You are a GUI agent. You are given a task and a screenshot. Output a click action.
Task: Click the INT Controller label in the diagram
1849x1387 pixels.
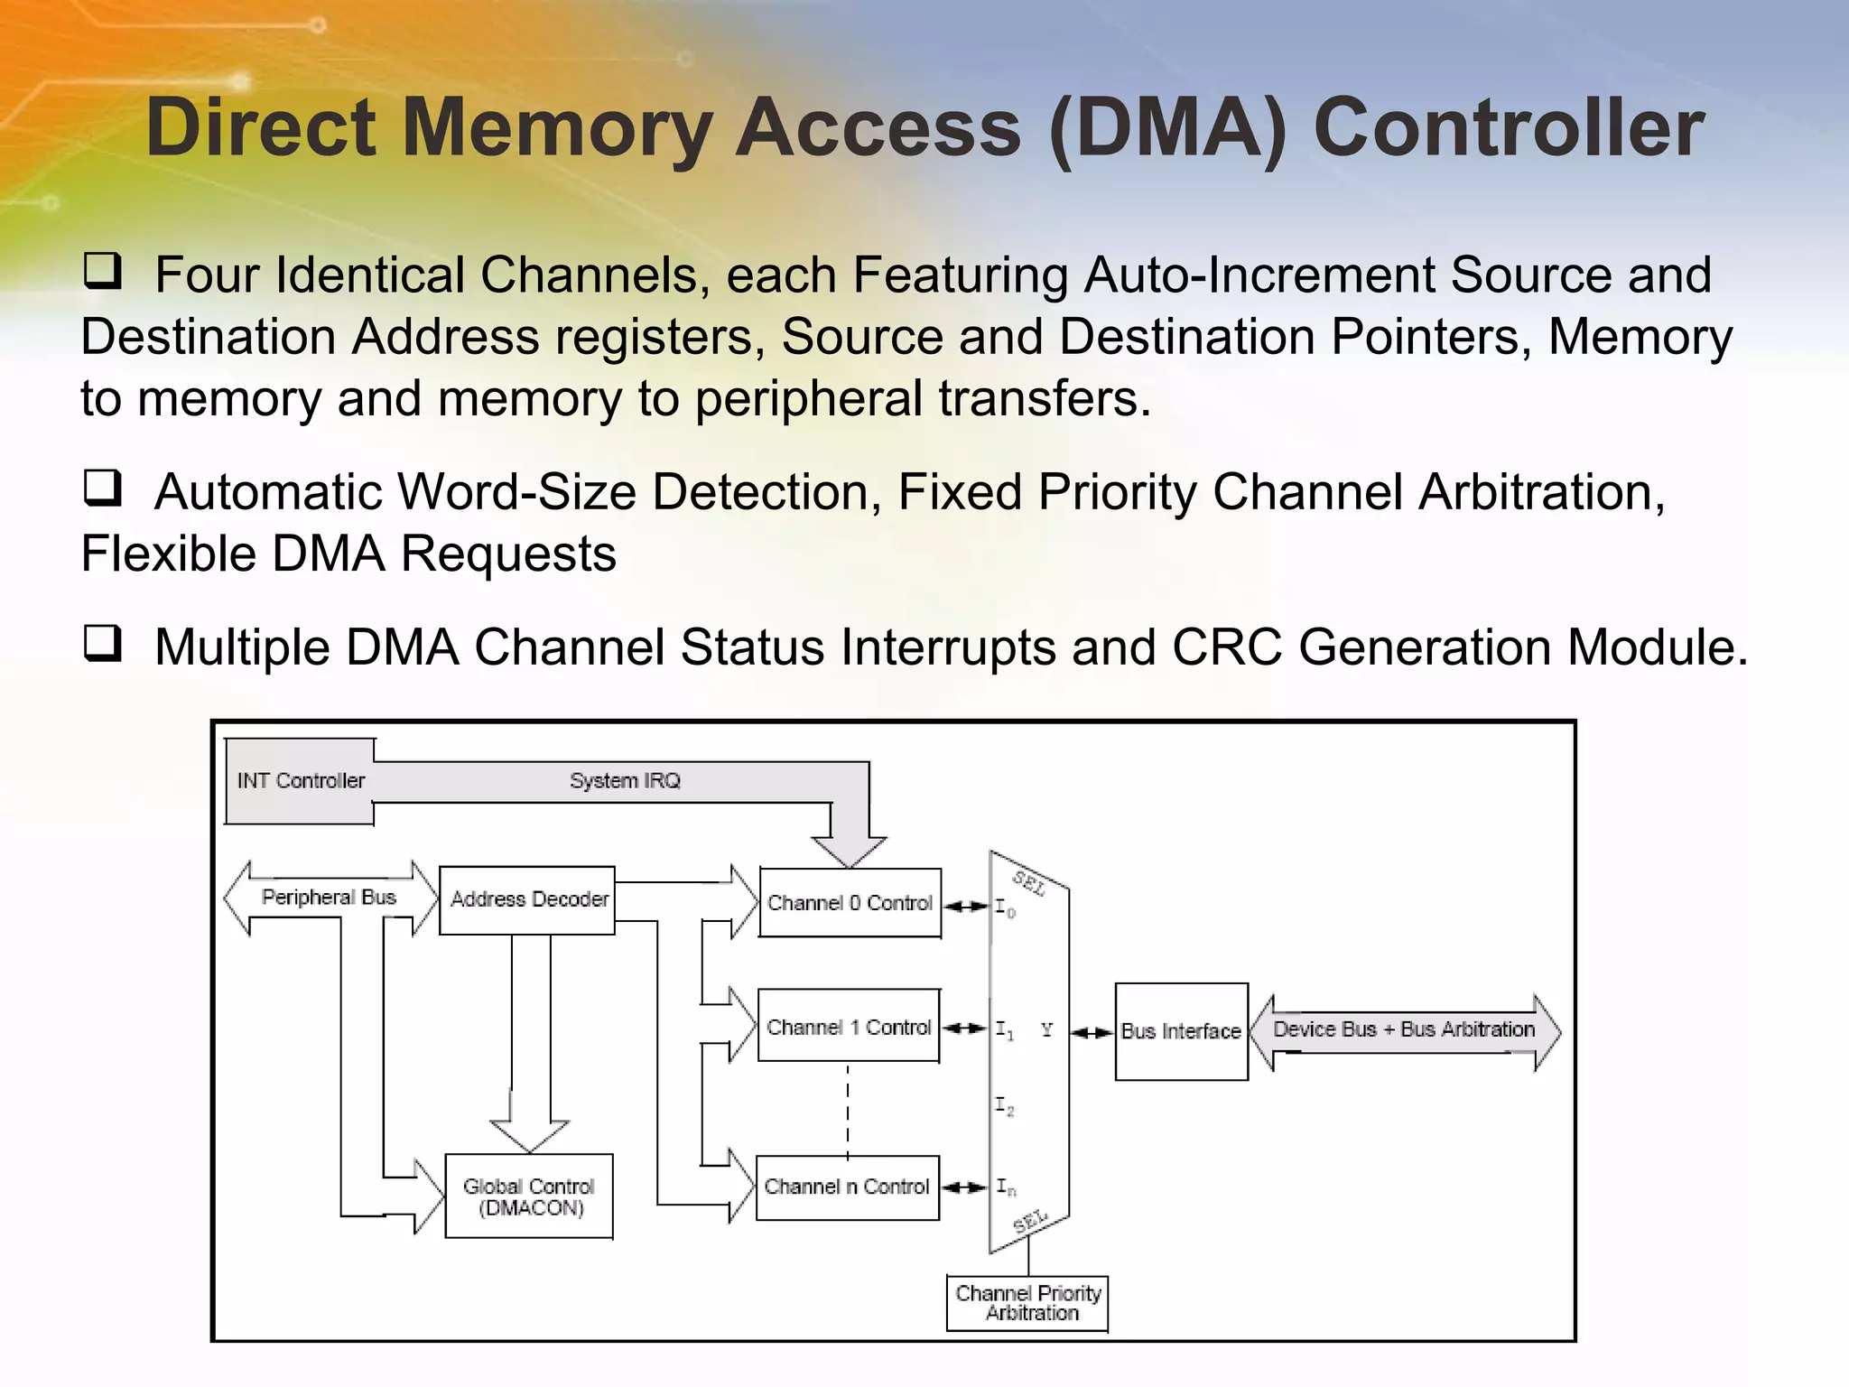click(301, 781)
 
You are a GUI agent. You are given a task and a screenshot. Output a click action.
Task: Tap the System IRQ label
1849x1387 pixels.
click(625, 781)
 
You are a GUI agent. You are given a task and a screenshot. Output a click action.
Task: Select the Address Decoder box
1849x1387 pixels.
click(528, 900)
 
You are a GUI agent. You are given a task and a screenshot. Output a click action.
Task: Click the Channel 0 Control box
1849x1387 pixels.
click(850, 903)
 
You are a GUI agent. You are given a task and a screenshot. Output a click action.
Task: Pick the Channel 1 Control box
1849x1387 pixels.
click(849, 1028)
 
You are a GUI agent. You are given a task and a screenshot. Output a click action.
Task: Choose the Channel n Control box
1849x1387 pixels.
click(847, 1187)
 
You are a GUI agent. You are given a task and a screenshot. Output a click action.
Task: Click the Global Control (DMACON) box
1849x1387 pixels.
click(529, 1196)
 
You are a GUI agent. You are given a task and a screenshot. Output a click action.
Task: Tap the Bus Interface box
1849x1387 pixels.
click(1181, 1031)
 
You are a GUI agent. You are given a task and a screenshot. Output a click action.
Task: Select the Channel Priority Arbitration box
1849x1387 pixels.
click(1027, 1303)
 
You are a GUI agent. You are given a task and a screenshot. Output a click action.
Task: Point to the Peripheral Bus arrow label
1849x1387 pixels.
click(329, 898)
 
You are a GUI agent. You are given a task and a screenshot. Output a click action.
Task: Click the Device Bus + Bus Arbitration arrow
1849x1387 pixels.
click(1404, 1029)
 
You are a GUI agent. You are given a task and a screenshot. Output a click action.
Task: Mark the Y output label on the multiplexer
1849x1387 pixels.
click(1046, 1029)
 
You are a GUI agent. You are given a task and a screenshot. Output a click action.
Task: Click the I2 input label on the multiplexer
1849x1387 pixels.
click(1004, 1105)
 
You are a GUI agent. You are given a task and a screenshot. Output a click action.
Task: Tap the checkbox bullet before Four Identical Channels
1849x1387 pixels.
click(102, 271)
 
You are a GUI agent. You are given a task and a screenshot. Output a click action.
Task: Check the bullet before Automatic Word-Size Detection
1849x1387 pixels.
click(102, 488)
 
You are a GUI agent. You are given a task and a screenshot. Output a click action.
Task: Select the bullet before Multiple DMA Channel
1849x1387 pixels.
click(102, 643)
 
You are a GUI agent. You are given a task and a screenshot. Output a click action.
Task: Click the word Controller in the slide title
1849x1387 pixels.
click(1508, 128)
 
